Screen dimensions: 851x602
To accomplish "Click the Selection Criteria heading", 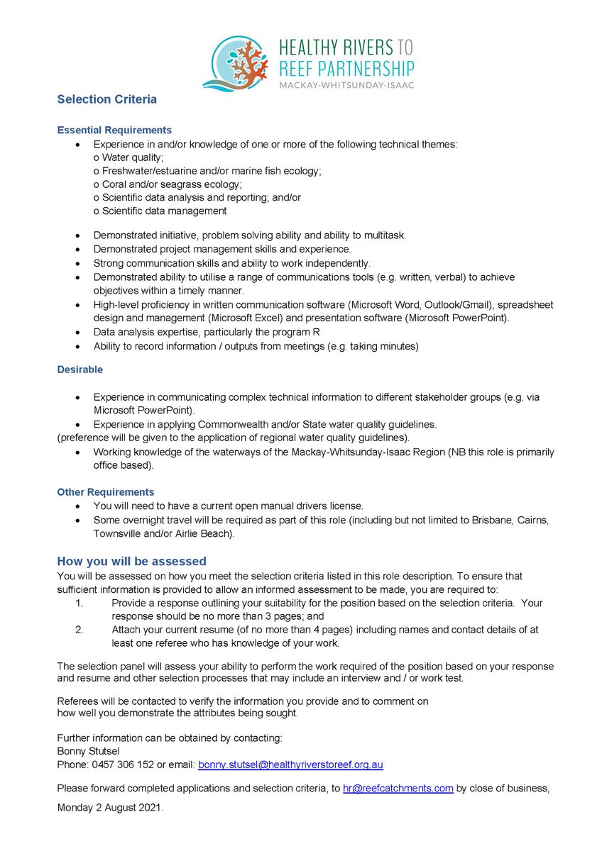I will (106, 99).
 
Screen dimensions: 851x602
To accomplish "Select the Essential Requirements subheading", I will (114, 130).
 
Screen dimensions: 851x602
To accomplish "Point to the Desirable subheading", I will (80, 369).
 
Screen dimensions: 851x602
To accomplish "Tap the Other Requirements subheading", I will (105, 491).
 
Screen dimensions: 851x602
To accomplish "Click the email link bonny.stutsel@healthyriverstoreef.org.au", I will (290, 765).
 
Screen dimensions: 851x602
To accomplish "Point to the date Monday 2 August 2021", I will (110, 806).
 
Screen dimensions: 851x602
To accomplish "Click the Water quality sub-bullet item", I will (128, 157).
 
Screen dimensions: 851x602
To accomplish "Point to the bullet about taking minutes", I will (256, 346).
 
